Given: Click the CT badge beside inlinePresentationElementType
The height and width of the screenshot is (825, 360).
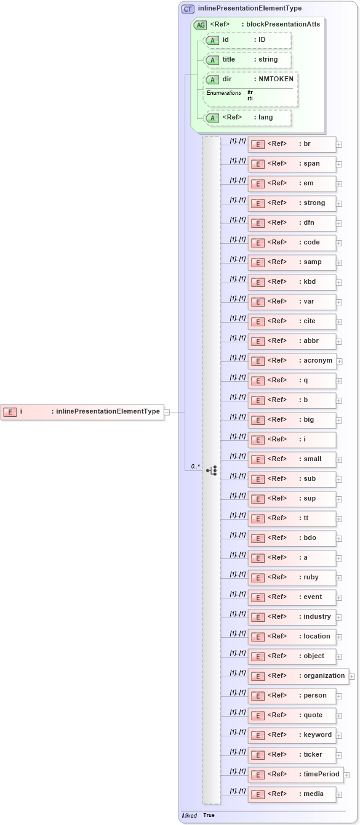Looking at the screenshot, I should click(188, 9).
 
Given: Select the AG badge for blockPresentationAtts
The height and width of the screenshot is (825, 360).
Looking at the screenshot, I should click(201, 25).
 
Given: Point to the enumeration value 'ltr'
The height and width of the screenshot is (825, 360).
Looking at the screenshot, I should click(250, 92).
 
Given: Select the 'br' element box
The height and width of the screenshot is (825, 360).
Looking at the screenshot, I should click(292, 144).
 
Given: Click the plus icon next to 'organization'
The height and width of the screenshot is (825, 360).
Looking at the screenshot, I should click(352, 676).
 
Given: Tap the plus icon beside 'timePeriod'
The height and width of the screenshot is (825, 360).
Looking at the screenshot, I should click(346, 775).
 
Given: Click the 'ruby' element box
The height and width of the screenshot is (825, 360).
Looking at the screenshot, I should click(292, 577).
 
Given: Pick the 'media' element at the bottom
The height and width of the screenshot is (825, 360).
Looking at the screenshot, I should click(292, 794).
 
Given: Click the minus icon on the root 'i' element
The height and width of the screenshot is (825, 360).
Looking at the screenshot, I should click(167, 412).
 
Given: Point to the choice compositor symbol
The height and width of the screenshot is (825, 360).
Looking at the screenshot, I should click(212, 470).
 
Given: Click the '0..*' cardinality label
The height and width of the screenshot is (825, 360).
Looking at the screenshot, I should click(195, 467).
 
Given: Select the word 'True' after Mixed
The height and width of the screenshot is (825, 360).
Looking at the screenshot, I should click(209, 815).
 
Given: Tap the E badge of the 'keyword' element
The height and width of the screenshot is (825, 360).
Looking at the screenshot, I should click(258, 735).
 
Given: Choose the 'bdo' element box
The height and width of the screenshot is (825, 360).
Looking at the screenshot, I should click(292, 538).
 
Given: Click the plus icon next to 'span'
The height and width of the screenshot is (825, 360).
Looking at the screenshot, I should click(339, 164).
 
